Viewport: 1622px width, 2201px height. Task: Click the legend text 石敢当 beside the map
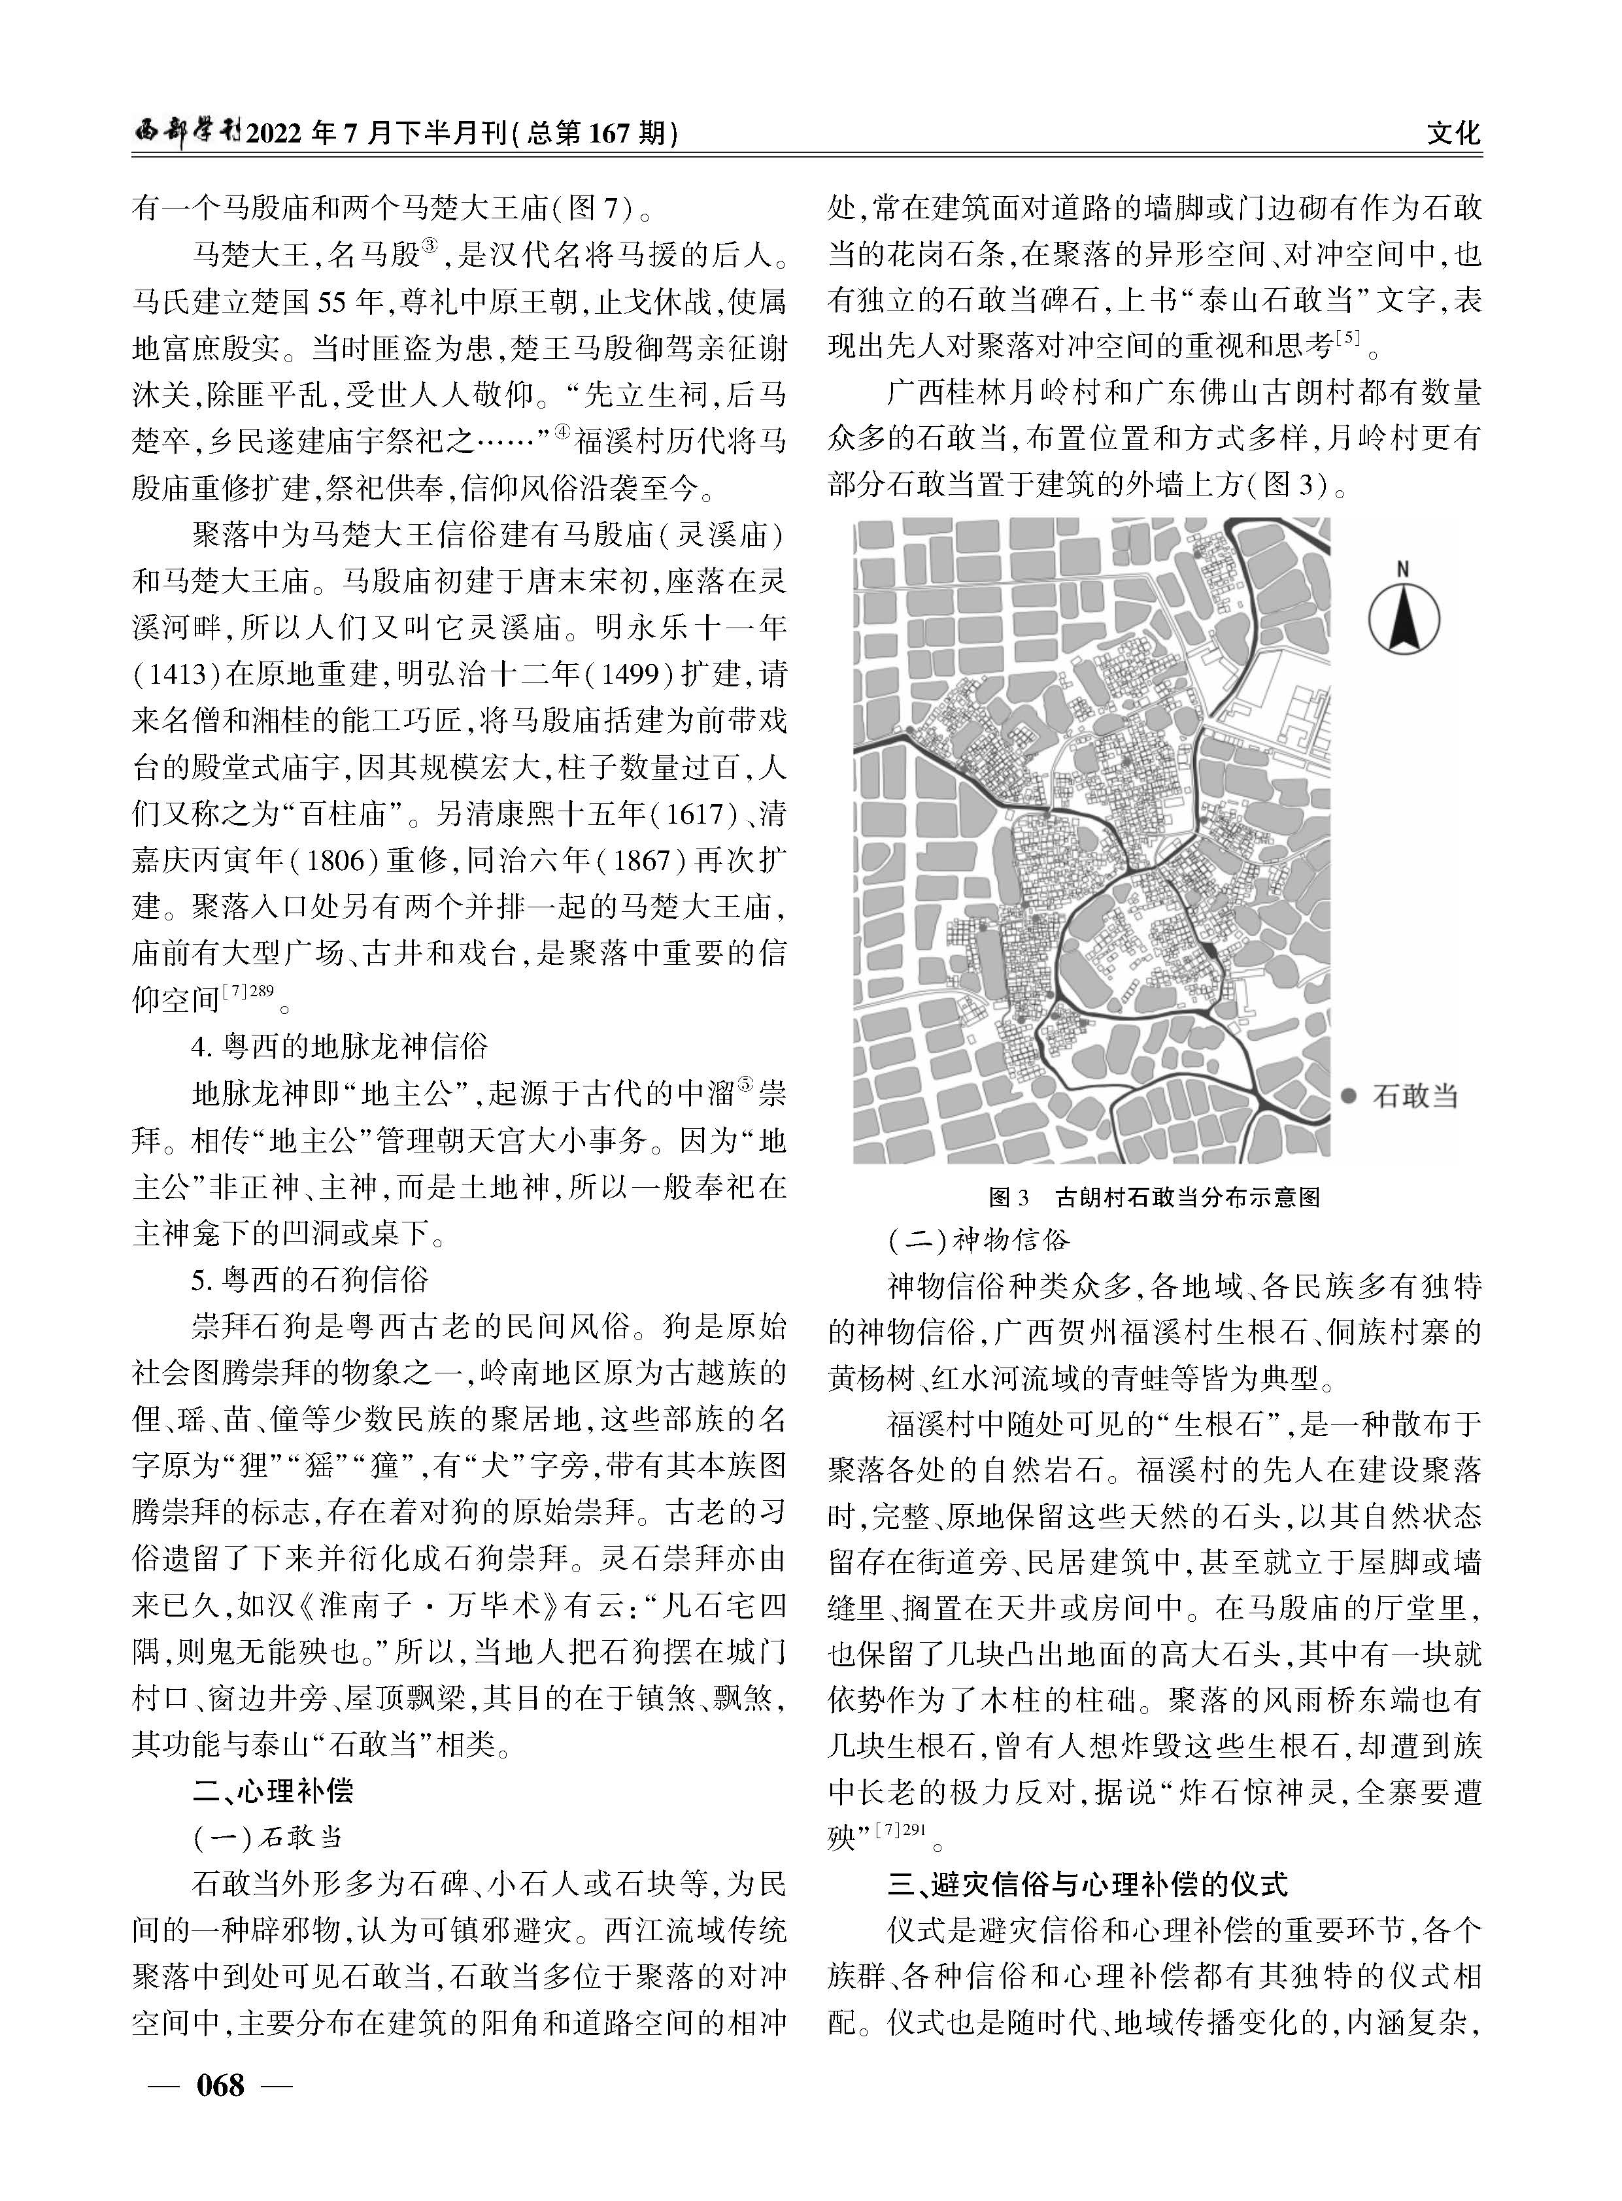point(1414,1096)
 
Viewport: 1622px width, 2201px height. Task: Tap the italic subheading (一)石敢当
point(267,1838)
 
